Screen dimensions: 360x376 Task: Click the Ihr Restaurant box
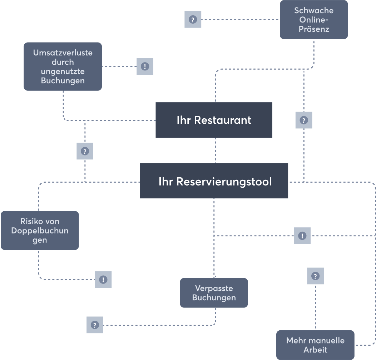[x=214, y=120]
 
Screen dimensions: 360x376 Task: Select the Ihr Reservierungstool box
[x=214, y=181]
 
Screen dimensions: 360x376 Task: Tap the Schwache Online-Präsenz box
[x=314, y=20]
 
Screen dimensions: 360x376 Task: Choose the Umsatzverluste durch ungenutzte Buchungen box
[x=63, y=66]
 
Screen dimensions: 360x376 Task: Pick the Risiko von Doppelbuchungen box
[x=40, y=231]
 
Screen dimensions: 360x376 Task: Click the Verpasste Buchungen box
[x=214, y=293]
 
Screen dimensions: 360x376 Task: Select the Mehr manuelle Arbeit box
[x=315, y=345]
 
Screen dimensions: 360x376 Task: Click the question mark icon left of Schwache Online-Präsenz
[x=193, y=20]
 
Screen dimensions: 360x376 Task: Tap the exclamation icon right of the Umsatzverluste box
[x=145, y=66]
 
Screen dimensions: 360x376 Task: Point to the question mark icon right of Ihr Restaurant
[x=303, y=120]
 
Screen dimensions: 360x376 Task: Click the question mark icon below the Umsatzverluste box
[x=85, y=151]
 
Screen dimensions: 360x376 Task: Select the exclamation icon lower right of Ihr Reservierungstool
[x=302, y=236]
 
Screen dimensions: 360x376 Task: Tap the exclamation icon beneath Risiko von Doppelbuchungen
[x=103, y=280]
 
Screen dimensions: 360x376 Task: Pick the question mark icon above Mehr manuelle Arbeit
[x=315, y=276]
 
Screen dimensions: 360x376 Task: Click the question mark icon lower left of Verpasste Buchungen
[x=95, y=325]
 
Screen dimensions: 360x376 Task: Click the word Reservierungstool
[x=224, y=182]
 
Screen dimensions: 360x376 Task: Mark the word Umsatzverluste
[x=63, y=53]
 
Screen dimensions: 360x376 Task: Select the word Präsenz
[x=314, y=29]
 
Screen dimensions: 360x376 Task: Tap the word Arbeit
[x=315, y=350]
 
